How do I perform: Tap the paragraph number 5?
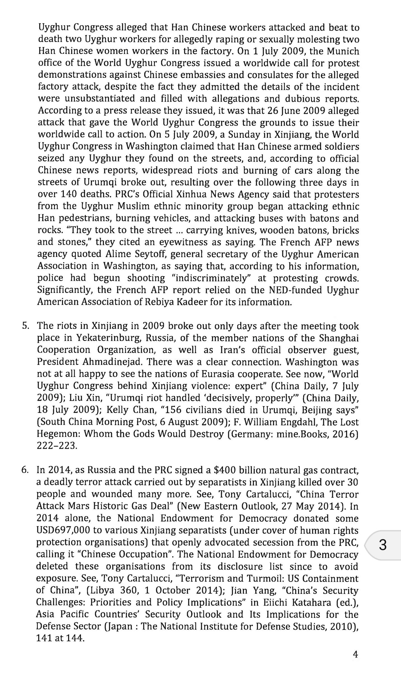(x=25, y=326)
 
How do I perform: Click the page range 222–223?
(x=57, y=445)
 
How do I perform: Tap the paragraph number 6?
(x=25, y=470)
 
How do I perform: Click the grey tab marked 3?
(x=382, y=545)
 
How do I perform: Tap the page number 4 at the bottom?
(x=355, y=654)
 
